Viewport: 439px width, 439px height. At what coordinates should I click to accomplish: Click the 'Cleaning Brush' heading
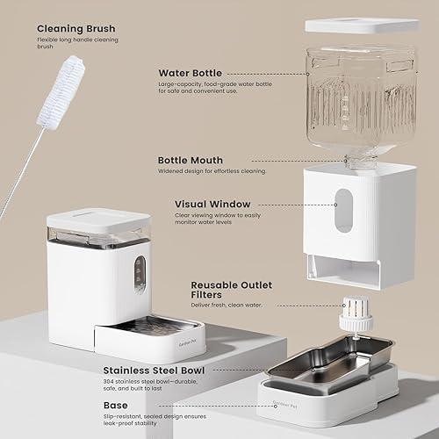(x=76, y=28)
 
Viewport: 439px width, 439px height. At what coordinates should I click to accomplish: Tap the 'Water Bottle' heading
(x=190, y=73)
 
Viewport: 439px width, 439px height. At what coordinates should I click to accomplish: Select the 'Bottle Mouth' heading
(x=191, y=161)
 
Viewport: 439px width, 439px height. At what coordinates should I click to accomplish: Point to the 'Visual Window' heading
(x=213, y=205)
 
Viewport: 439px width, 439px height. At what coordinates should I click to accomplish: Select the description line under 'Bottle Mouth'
(x=212, y=171)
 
